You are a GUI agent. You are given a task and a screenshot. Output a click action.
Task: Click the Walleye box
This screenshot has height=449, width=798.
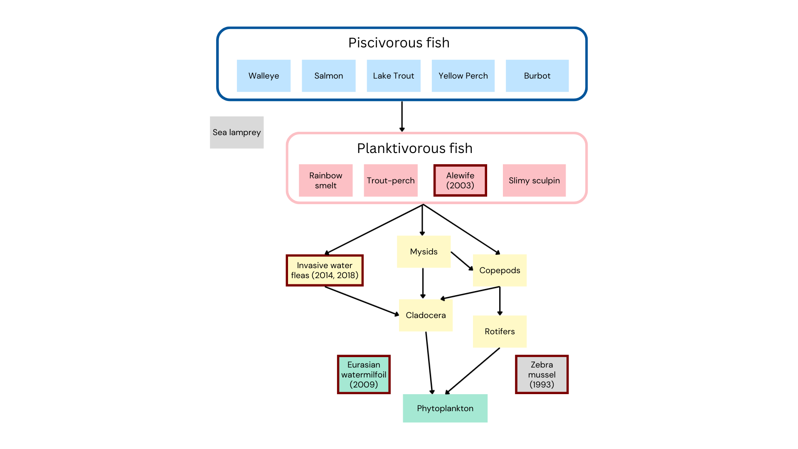(264, 76)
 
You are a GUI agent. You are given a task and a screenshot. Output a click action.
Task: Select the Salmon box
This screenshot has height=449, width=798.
(328, 76)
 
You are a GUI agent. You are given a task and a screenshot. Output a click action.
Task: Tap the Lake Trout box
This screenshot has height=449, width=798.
(393, 76)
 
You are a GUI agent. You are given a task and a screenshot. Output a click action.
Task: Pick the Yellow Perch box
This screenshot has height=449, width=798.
(463, 76)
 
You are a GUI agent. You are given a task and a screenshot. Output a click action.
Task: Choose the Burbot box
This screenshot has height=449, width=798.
(537, 76)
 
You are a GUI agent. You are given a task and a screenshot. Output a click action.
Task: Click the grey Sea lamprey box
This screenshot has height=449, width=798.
(236, 132)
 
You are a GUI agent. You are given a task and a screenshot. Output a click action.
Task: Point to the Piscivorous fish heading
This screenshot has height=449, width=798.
(399, 43)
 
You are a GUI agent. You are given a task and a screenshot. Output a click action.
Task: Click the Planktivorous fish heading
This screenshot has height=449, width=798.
(414, 148)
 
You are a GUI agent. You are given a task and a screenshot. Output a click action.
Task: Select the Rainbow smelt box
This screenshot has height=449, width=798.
(325, 180)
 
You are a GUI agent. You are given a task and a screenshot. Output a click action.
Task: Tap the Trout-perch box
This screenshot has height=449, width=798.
(390, 180)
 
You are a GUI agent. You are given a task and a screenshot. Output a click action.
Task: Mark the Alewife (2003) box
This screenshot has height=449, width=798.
(460, 180)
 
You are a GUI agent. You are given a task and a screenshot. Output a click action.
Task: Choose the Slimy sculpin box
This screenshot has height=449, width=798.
(534, 180)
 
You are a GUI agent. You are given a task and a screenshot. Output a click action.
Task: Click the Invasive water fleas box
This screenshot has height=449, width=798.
(325, 270)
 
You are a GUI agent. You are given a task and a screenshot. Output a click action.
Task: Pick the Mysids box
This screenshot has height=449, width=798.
(424, 252)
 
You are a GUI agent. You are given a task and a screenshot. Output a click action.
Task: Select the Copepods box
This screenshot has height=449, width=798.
(500, 270)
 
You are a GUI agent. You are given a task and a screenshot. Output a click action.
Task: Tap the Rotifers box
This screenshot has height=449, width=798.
(500, 331)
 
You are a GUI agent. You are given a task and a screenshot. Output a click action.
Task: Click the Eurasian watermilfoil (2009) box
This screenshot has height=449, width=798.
(364, 374)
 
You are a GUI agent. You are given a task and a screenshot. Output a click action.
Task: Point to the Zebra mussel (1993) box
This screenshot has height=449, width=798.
(542, 374)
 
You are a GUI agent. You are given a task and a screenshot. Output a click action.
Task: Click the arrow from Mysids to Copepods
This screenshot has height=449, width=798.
(462, 261)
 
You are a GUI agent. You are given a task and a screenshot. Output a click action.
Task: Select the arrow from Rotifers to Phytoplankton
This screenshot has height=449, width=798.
(473, 371)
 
